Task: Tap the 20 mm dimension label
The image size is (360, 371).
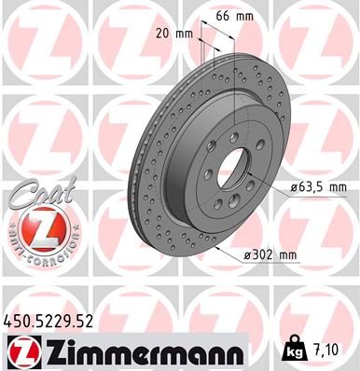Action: [176, 34]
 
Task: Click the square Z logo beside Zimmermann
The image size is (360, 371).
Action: [21, 350]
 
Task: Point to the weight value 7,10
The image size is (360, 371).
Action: [329, 350]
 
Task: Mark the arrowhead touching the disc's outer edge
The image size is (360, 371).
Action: [215, 248]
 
